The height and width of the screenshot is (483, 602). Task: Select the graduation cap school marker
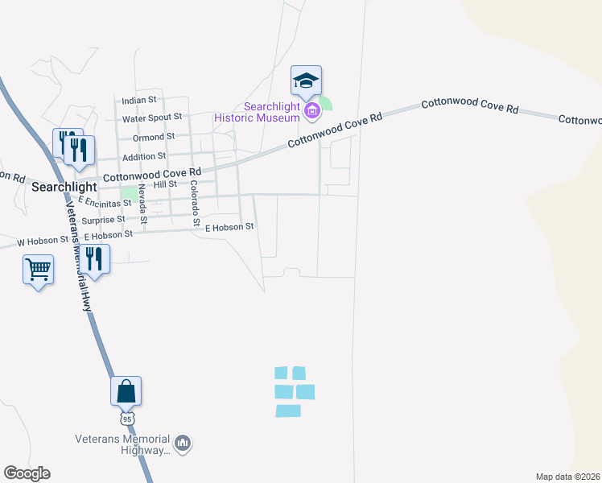tap(306, 81)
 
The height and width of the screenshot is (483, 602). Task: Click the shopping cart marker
tap(39, 270)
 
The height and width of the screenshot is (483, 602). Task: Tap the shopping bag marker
tap(126, 391)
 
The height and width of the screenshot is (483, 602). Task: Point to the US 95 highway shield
tap(127, 419)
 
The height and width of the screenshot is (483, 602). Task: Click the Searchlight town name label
tap(64, 186)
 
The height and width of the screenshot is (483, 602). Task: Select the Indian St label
tap(138, 101)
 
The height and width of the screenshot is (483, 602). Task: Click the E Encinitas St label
tap(100, 202)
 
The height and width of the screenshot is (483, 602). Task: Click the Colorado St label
tap(195, 202)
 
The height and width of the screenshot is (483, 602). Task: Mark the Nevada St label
tap(142, 204)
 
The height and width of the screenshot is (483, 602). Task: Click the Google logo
tap(27, 473)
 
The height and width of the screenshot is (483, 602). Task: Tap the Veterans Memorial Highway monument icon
tap(183, 443)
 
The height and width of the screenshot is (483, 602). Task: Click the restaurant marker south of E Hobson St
tap(95, 260)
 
